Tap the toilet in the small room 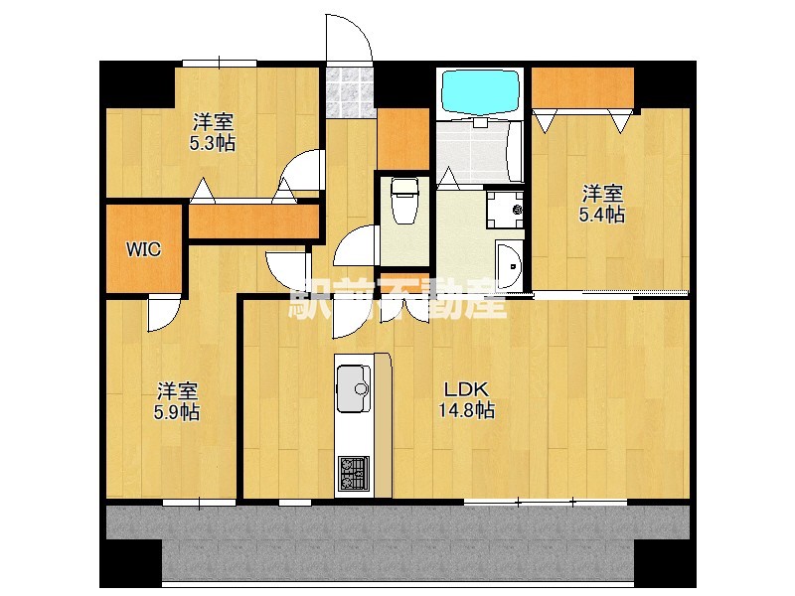(x=404, y=202)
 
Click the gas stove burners (x=354, y=474)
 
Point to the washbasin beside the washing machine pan (x=509, y=265)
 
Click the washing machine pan (x=505, y=210)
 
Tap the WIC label (x=143, y=249)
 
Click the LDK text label (x=466, y=390)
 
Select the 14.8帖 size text (x=466, y=410)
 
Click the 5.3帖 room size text (x=213, y=143)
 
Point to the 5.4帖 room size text (x=602, y=215)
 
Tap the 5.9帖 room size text (x=177, y=412)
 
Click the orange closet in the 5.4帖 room (x=582, y=87)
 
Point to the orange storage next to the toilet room (x=403, y=139)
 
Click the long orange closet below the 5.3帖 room (x=253, y=221)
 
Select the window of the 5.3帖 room (x=220, y=64)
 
